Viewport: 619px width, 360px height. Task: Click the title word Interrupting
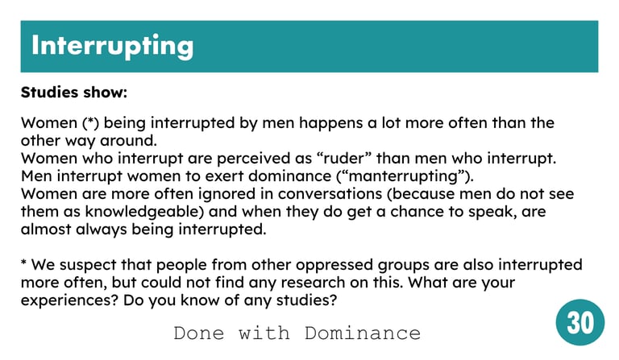[113, 46]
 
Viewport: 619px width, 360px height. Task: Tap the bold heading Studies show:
[74, 93]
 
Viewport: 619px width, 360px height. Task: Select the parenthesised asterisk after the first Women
[91, 122]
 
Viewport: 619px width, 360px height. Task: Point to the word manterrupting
[404, 176]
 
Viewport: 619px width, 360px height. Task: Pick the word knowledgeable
[144, 212]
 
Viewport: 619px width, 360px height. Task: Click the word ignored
[226, 194]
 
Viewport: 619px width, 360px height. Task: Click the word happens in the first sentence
[330, 123]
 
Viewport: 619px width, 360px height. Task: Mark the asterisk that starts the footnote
[23, 262]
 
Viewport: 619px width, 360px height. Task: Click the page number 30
[580, 322]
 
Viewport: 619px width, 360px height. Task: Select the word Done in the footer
[198, 333]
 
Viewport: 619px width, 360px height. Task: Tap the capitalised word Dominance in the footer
[363, 333]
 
